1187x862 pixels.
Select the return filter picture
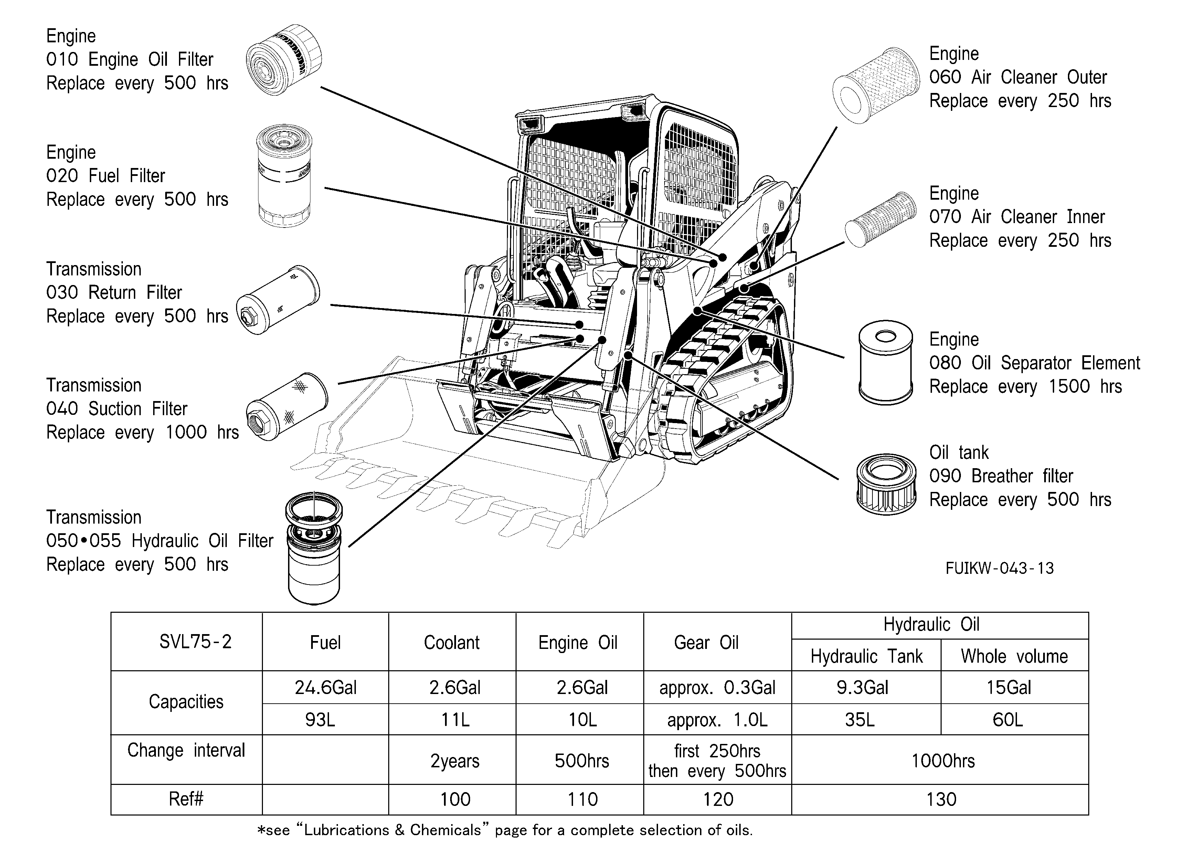[278, 300]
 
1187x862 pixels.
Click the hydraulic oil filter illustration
[314, 548]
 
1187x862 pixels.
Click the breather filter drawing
[886, 484]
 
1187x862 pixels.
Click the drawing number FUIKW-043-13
[1000, 568]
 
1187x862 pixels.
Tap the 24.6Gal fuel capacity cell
[326, 687]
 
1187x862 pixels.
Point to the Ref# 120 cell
[718, 799]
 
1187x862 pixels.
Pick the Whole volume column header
[1014, 656]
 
